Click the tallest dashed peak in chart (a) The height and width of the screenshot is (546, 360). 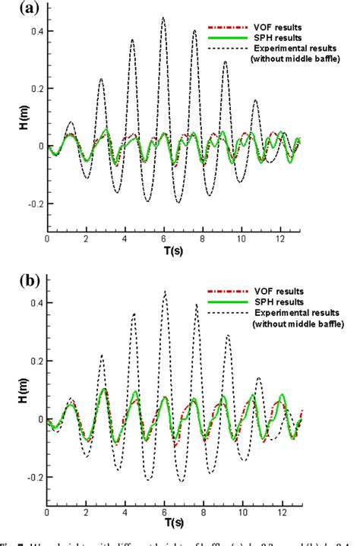tap(163, 18)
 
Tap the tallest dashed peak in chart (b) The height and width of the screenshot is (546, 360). tap(164, 292)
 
